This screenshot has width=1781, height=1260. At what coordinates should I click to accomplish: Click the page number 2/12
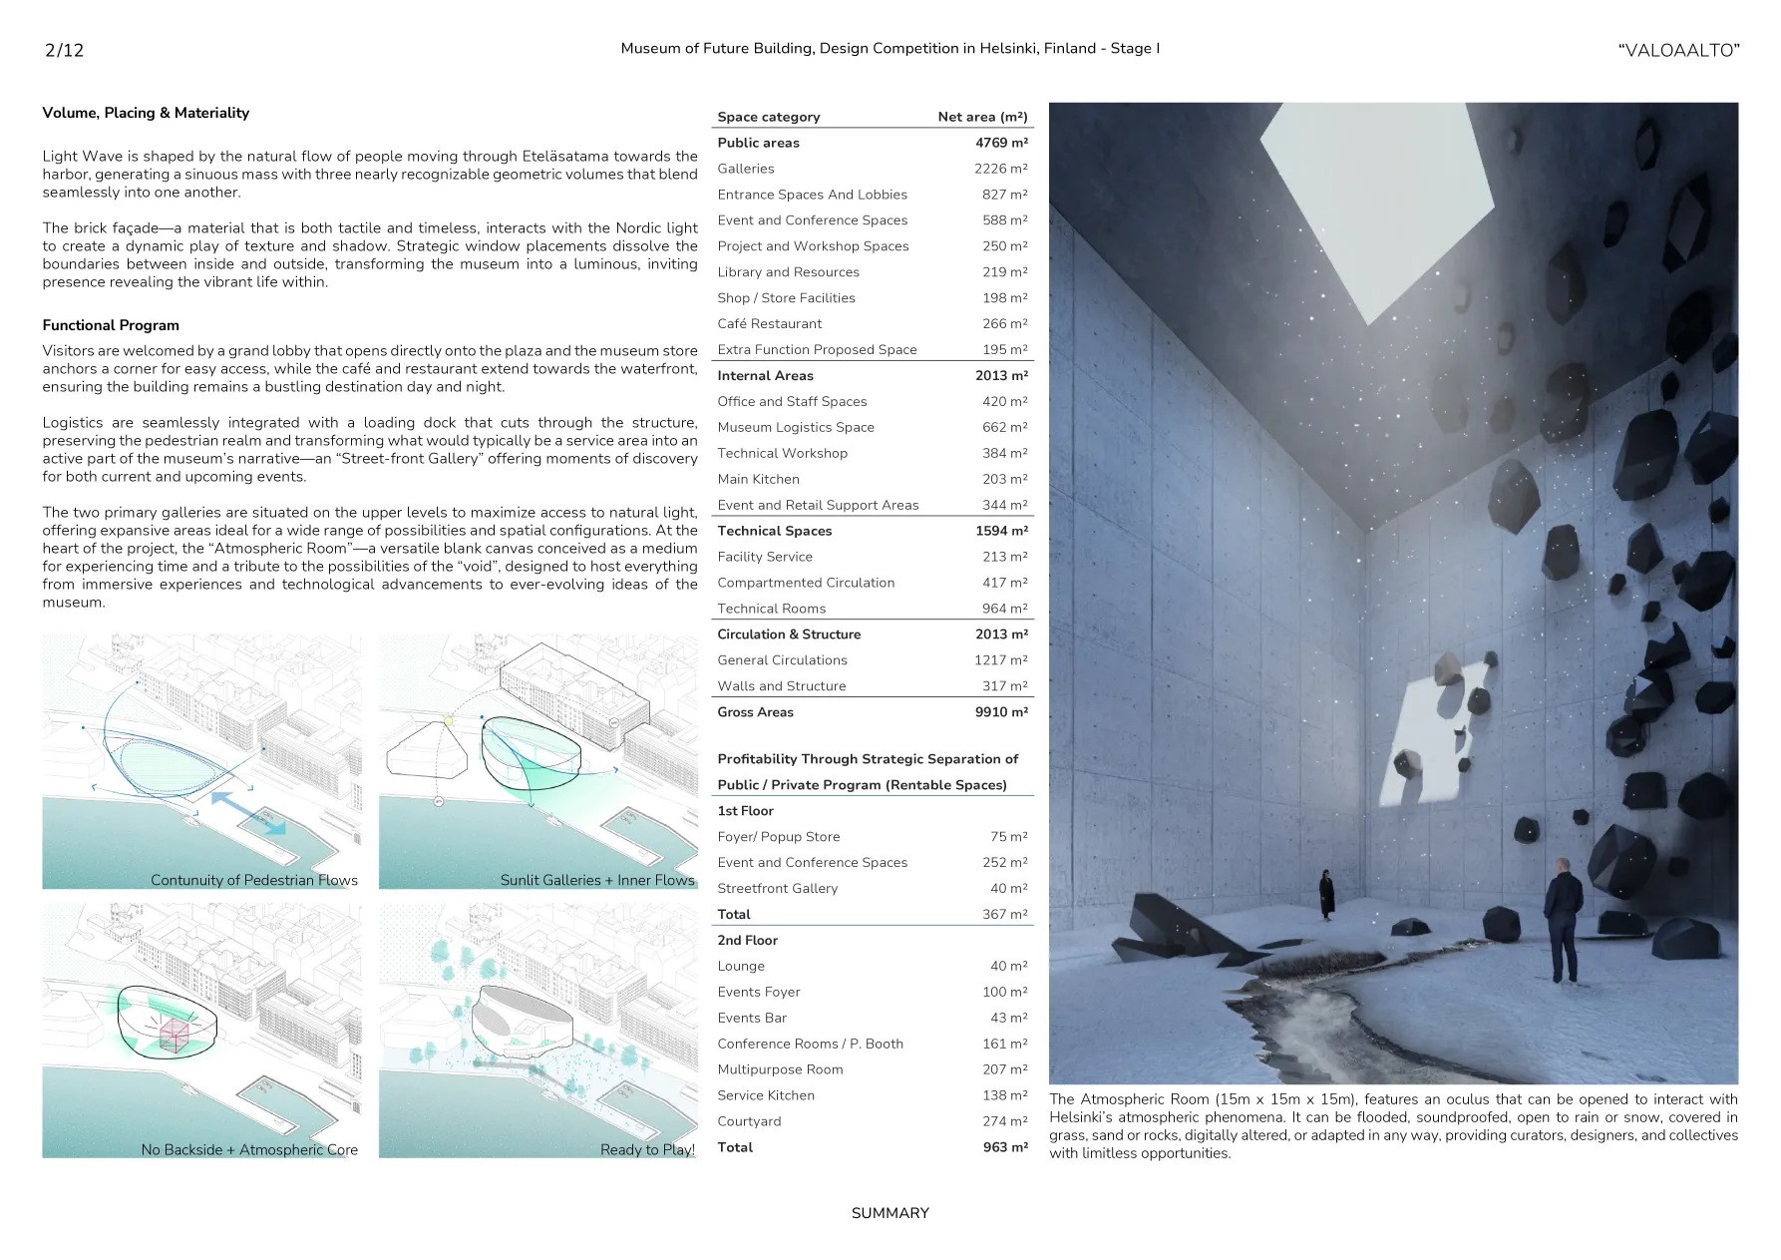tap(64, 50)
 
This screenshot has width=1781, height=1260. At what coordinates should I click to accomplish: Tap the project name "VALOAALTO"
tap(1678, 50)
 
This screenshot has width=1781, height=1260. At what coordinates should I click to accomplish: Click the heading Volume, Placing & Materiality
tap(146, 113)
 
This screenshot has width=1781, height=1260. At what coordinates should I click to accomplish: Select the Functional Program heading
tap(111, 325)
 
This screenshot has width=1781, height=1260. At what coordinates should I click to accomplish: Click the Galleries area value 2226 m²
tap(1000, 169)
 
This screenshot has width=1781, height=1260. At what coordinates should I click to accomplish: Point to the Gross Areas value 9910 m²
tap(1001, 712)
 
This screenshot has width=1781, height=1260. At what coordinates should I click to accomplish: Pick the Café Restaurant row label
tap(769, 324)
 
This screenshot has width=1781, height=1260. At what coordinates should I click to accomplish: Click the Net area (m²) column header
tap(982, 117)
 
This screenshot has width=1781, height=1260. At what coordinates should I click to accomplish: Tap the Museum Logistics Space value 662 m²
tap(1004, 427)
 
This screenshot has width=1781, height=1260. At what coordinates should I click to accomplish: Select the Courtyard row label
tap(749, 1121)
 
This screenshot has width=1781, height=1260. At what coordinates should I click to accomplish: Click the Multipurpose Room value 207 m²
tap(1004, 1069)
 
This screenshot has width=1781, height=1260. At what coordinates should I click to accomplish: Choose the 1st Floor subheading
tap(745, 811)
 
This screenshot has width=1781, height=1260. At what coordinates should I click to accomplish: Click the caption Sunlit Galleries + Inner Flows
tap(596, 880)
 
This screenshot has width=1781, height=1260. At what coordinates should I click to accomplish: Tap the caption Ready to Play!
tap(647, 1149)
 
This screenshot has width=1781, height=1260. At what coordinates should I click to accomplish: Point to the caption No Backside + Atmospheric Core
tap(249, 1149)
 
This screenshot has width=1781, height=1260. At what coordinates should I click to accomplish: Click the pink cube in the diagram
tap(175, 1036)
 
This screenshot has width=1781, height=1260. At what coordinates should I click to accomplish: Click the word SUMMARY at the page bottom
tap(890, 1213)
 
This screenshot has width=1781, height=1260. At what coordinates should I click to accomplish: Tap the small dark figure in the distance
tap(1327, 893)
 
